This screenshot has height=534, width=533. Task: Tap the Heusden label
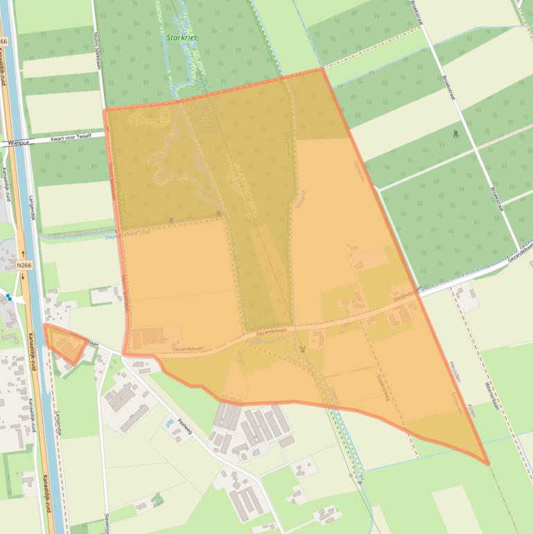click(454, 372)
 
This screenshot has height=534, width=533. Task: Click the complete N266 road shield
click(24, 265)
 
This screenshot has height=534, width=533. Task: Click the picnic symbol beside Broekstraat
click(455, 132)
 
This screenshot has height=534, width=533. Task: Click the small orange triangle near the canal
click(66, 342)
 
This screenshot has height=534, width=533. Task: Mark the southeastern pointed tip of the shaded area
click(488, 464)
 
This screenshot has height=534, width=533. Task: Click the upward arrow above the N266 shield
click(23, 253)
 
